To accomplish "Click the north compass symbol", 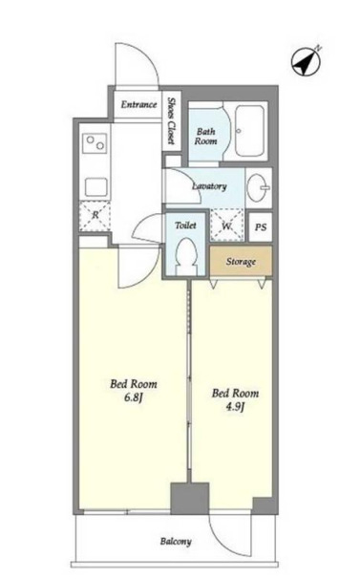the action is click(x=307, y=62).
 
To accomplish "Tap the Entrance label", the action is click(x=138, y=104).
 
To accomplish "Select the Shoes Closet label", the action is click(x=171, y=120).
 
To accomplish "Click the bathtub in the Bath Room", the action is click(x=249, y=131).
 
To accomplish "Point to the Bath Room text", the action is click(x=205, y=137).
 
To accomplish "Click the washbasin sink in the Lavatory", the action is click(x=258, y=187).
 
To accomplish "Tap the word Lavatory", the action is click(x=209, y=186).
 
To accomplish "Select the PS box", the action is click(x=261, y=227).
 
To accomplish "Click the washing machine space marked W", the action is click(x=226, y=225).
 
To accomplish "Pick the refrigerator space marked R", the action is click(x=95, y=216).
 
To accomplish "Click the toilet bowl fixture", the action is click(x=185, y=256).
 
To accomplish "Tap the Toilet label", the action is click(x=185, y=225).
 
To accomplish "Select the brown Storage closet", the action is click(x=241, y=262).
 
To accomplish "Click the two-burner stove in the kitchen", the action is click(x=95, y=143).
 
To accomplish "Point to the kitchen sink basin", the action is click(x=96, y=187).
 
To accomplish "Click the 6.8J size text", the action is click(x=134, y=397).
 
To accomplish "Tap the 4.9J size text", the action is click(x=235, y=407).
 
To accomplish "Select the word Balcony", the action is click(x=176, y=542).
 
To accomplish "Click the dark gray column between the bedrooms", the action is click(x=189, y=498).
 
